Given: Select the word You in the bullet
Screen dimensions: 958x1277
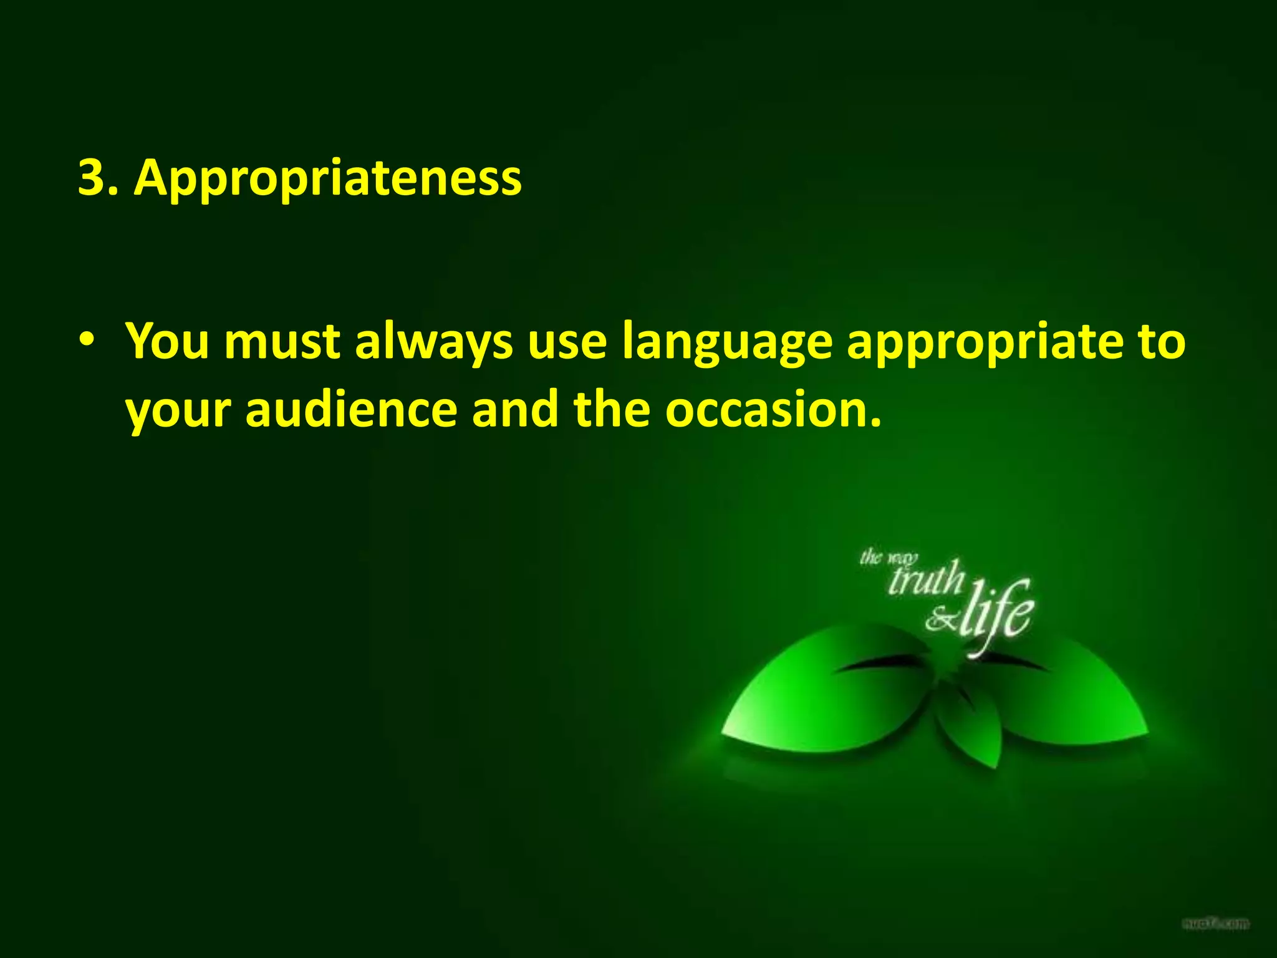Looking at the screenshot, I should (x=167, y=341).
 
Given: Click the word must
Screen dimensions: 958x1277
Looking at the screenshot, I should (x=282, y=341).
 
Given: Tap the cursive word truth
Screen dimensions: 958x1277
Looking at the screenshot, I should (x=925, y=579).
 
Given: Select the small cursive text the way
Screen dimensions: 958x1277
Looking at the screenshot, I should (x=888, y=556).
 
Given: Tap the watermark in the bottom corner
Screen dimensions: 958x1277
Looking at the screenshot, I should (x=1216, y=922).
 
